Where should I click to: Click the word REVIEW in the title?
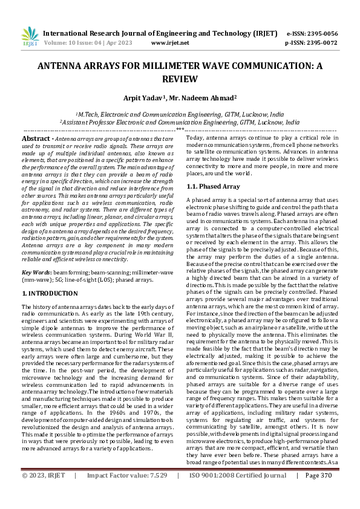180,79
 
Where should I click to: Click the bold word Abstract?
36,138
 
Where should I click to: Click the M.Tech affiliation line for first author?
180,114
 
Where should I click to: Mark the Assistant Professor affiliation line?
180,122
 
